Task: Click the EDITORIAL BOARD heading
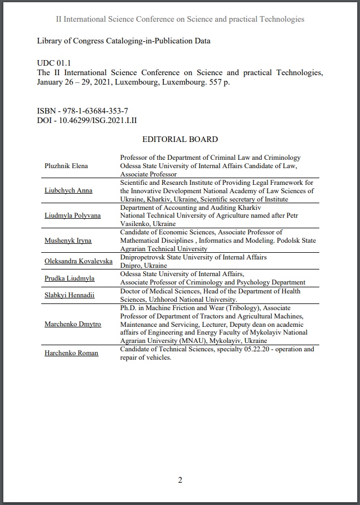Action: [x=180, y=139]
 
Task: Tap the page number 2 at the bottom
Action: [x=180, y=480]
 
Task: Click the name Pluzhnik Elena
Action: [x=66, y=166]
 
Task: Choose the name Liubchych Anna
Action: [x=69, y=190]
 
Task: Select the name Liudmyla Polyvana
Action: [x=72, y=215]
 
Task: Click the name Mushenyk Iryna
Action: [x=68, y=241]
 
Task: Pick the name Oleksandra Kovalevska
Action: [x=78, y=261]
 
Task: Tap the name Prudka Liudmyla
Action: [x=70, y=278]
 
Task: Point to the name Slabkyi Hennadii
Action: [x=70, y=295]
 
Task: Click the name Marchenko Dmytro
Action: [x=73, y=323]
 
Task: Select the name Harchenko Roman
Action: [x=71, y=353]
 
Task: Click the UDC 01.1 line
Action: [x=54, y=64]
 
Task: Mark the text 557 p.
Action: [x=218, y=82]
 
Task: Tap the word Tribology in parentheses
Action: [x=241, y=307]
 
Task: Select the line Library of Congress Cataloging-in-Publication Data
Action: [x=123, y=41]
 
